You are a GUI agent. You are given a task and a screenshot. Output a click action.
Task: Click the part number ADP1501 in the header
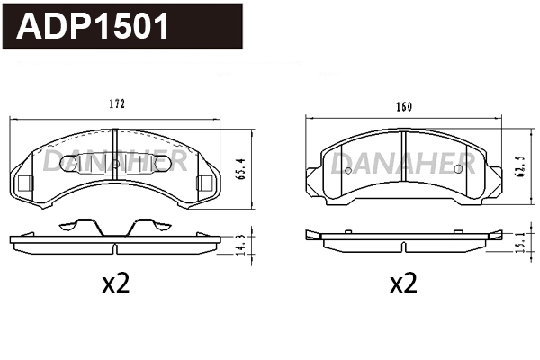(x=94, y=27)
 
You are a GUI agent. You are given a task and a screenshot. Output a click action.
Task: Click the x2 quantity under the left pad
(x=116, y=284)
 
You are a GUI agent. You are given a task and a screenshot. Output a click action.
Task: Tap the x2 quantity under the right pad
(x=404, y=284)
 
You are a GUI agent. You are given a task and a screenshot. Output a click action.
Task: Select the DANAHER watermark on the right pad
(x=402, y=164)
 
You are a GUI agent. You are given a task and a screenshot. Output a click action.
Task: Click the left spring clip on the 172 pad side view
(x=79, y=224)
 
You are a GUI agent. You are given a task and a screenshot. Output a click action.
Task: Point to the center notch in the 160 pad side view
(x=402, y=245)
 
